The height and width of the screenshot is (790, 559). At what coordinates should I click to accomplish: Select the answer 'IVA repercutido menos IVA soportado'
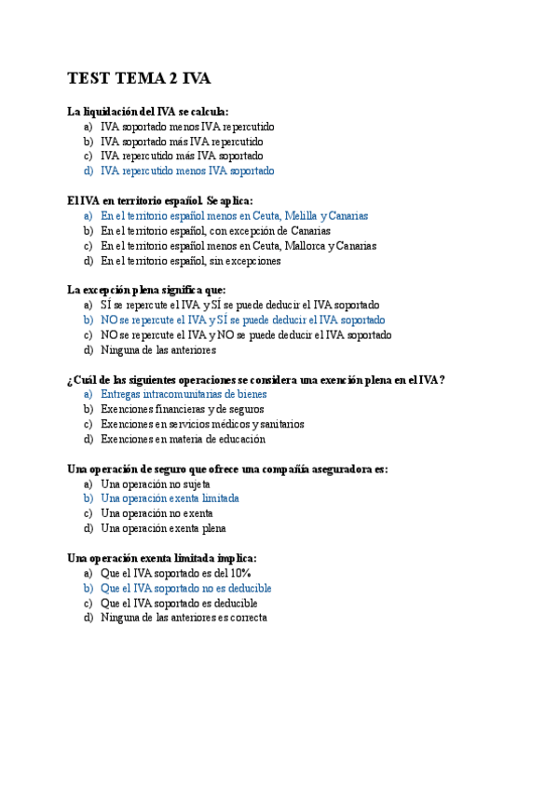(187, 171)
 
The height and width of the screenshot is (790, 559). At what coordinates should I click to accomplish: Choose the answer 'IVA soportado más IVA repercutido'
(182, 142)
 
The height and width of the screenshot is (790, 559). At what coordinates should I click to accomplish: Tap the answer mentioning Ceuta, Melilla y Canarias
(234, 215)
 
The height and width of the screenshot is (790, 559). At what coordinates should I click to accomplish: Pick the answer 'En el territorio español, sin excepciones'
(191, 261)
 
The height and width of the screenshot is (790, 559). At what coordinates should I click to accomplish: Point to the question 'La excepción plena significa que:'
(146, 290)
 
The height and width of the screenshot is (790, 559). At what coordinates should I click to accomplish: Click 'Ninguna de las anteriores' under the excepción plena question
(158, 350)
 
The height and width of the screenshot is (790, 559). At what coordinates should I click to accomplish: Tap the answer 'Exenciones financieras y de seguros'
(183, 409)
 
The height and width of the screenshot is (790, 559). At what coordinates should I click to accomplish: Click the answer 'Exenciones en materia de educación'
(183, 439)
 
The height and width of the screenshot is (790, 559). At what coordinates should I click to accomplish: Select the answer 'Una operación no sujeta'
(156, 484)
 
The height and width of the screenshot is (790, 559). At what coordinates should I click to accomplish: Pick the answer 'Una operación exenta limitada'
(170, 498)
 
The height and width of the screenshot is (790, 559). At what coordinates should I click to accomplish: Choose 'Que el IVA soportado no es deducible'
(185, 588)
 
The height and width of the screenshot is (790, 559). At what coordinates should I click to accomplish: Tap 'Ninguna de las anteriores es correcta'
(184, 618)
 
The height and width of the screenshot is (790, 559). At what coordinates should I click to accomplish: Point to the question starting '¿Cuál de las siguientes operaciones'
(255, 379)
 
